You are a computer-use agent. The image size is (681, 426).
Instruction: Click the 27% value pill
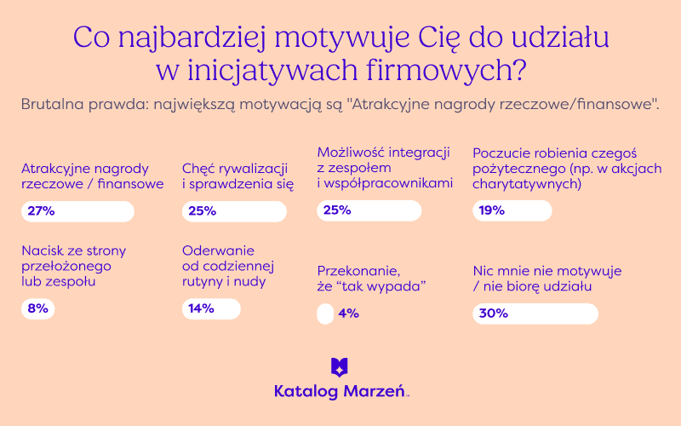(x=77, y=211)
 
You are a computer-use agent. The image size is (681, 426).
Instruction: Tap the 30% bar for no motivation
(x=535, y=314)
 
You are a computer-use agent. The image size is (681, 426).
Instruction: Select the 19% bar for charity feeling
(x=512, y=210)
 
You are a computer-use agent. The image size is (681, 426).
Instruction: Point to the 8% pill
(x=38, y=309)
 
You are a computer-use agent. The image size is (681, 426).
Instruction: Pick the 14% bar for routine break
(x=211, y=309)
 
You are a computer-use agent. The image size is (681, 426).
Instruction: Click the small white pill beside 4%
(x=325, y=314)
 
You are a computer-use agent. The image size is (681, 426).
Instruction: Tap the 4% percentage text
(x=349, y=314)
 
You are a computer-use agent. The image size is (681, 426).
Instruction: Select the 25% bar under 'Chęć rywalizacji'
(x=235, y=211)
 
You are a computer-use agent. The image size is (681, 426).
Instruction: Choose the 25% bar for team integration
(x=369, y=210)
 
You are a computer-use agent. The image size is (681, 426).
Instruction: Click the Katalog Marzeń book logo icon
(x=340, y=367)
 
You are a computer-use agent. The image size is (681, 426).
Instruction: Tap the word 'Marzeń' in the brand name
(x=375, y=391)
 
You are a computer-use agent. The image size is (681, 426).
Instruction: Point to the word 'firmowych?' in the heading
(x=446, y=71)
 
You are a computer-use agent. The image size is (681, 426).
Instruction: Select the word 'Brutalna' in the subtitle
(x=52, y=104)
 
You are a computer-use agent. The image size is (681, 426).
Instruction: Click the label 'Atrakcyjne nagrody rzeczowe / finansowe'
(x=93, y=176)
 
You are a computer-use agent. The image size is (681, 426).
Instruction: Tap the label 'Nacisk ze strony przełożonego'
(x=74, y=266)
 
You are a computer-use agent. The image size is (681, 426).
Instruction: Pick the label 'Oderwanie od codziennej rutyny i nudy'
(x=228, y=266)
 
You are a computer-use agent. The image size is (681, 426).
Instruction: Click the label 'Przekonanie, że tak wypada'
(x=371, y=279)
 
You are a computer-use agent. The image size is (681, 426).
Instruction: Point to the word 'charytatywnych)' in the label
(x=527, y=184)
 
